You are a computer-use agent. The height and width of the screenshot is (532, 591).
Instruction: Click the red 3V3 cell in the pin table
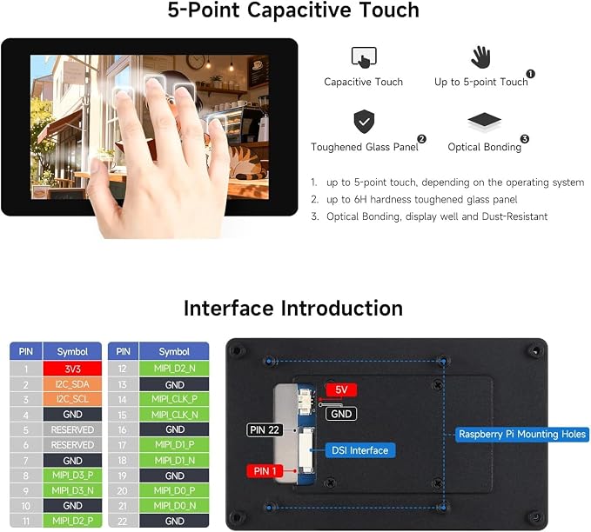[72, 369]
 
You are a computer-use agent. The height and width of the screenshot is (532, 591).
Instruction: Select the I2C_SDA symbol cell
[72, 384]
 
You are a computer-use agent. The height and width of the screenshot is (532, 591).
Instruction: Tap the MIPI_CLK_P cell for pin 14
[174, 399]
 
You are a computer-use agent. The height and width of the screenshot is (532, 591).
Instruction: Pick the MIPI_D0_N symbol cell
[174, 506]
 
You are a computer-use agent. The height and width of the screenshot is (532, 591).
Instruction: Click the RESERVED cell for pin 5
[72, 429]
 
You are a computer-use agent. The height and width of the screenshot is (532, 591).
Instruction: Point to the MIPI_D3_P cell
[72, 475]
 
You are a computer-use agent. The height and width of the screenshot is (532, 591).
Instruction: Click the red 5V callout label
[341, 389]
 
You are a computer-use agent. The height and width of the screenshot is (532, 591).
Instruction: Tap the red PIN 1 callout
[265, 471]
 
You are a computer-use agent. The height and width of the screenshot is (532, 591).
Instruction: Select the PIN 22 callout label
[265, 430]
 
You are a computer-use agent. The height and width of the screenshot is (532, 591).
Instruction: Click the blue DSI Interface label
[359, 450]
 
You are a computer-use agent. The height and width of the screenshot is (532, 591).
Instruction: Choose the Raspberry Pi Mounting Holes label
[522, 435]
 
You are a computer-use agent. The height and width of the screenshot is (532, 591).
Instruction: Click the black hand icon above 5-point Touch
[480, 57]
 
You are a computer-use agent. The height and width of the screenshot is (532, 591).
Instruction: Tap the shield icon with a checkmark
[364, 122]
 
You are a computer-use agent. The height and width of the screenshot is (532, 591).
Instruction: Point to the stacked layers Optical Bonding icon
[484, 121]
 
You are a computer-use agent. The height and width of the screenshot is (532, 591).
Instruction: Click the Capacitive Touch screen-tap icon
[364, 57]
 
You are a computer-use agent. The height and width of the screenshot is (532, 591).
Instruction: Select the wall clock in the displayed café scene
[195, 62]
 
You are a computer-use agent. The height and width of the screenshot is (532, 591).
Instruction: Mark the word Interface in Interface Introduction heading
[228, 308]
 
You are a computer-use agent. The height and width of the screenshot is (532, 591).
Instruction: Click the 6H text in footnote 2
[360, 199]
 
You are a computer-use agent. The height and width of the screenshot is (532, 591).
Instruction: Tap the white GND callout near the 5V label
[341, 414]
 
